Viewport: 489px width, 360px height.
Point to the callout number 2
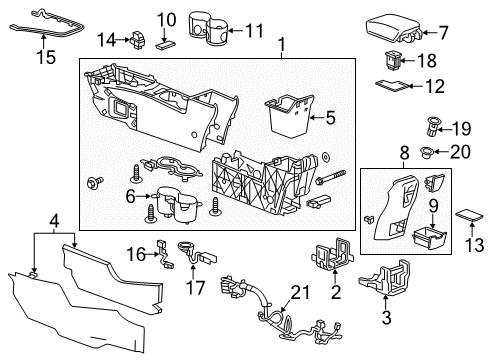(336, 292)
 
